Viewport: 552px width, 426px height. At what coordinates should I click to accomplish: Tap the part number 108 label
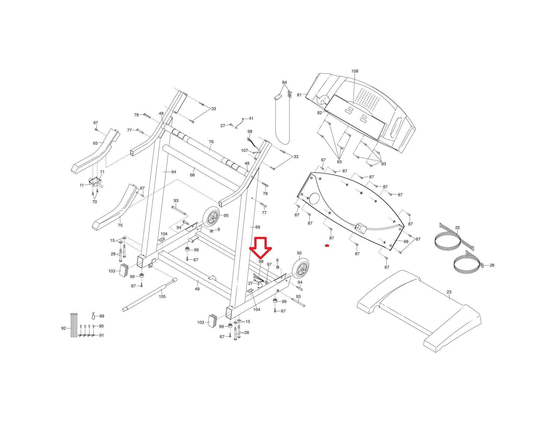tap(355, 71)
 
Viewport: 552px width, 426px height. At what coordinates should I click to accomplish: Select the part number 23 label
tap(449, 292)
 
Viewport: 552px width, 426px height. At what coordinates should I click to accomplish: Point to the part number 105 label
tap(162, 296)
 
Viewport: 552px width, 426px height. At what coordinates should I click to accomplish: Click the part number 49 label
tap(197, 289)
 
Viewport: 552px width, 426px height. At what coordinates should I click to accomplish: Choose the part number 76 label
tap(211, 142)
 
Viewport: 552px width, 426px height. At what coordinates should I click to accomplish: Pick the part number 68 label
tap(192, 175)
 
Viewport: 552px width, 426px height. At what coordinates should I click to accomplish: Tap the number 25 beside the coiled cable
tap(457, 228)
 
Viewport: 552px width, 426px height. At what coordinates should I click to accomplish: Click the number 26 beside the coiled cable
tap(492, 265)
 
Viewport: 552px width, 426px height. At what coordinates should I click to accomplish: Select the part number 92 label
tap(63, 328)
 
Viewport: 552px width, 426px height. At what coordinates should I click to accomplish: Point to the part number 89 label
tap(102, 316)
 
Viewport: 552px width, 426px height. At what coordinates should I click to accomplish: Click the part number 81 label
tap(299, 95)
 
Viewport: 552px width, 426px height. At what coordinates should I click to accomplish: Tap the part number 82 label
tap(320, 113)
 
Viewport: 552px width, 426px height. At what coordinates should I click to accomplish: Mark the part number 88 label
tap(406, 242)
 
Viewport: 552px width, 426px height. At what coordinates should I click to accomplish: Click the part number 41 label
tap(251, 118)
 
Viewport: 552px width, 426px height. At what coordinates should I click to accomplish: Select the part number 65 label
tap(95, 143)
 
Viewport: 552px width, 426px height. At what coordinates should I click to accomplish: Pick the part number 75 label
tap(120, 225)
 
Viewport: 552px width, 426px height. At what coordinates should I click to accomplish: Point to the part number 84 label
tap(284, 82)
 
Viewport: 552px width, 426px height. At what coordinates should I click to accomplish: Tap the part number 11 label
tap(82, 185)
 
